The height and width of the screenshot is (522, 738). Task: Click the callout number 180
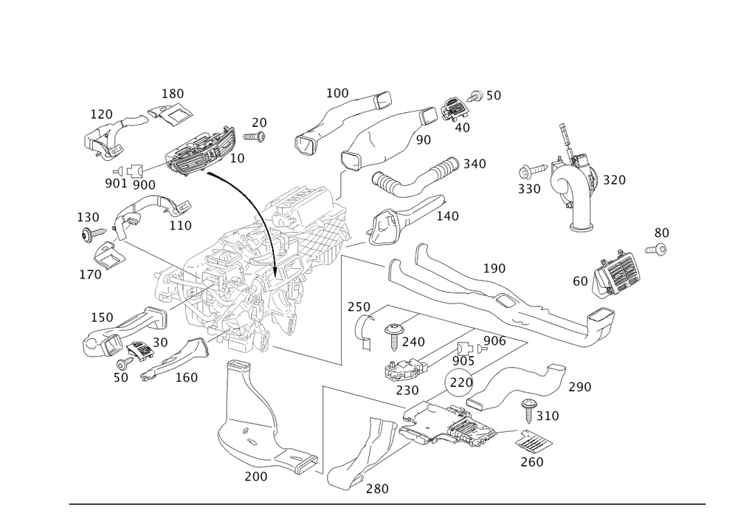tap(173, 95)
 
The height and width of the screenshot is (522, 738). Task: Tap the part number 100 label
tap(338, 93)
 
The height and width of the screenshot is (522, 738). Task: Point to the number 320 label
tap(614, 179)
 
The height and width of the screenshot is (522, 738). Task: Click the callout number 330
tap(528, 188)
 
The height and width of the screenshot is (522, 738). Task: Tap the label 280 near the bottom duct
tap(376, 488)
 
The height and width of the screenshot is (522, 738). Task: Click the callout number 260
tap(531, 462)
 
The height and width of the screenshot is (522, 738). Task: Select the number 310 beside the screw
tap(547, 417)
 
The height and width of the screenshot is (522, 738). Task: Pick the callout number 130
tap(89, 217)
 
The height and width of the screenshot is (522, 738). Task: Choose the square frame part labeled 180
tap(171, 115)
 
